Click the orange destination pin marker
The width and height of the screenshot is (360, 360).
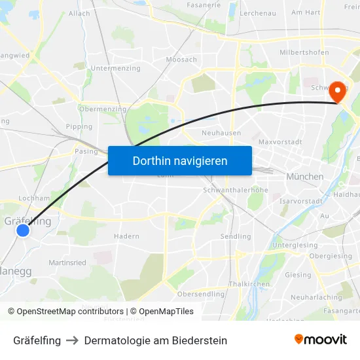click(x=338, y=92)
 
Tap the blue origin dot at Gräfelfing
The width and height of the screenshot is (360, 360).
click(x=23, y=230)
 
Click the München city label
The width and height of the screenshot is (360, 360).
click(x=304, y=177)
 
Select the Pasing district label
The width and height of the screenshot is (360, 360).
click(x=86, y=151)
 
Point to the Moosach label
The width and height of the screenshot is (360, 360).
click(x=181, y=60)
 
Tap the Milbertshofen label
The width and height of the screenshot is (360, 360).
click(x=304, y=52)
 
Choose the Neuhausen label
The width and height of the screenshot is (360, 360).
click(x=221, y=133)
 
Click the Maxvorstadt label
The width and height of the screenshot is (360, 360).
click(x=279, y=141)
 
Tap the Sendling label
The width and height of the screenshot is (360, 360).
click(x=236, y=236)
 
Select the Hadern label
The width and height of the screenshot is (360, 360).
click(x=126, y=236)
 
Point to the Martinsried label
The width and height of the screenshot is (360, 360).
click(x=67, y=262)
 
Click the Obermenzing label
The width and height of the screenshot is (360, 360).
click(x=102, y=109)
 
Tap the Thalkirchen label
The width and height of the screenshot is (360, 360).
click(x=249, y=284)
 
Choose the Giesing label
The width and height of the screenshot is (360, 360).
click(x=298, y=275)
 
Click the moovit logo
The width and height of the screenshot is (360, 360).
click(x=321, y=339)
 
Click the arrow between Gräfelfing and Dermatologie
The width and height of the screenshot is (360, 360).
click(x=73, y=340)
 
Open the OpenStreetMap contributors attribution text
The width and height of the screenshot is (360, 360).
click(x=65, y=312)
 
